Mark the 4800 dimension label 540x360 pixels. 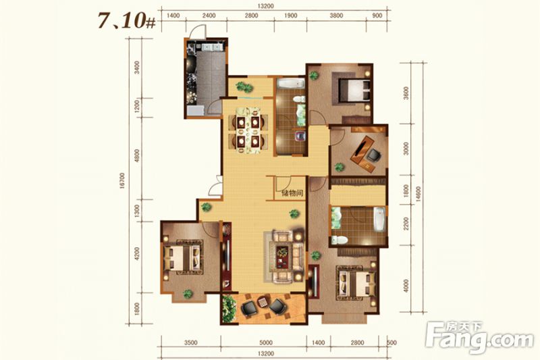137,156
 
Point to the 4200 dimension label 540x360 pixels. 137,253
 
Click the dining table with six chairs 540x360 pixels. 246,131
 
